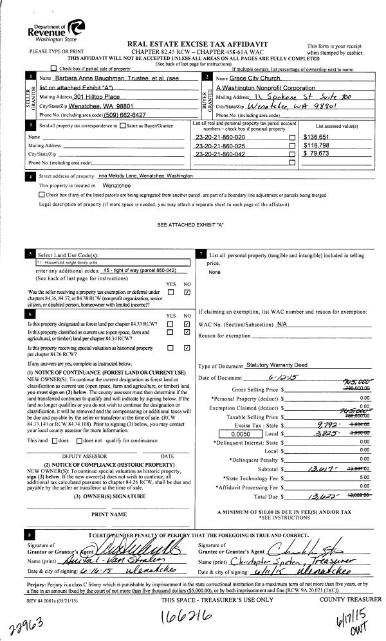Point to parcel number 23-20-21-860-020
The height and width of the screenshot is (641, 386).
tap(219, 137)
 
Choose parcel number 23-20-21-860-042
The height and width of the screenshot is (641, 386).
tap(219, 154)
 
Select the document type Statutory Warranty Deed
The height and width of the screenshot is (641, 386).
tap(271, 365)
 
